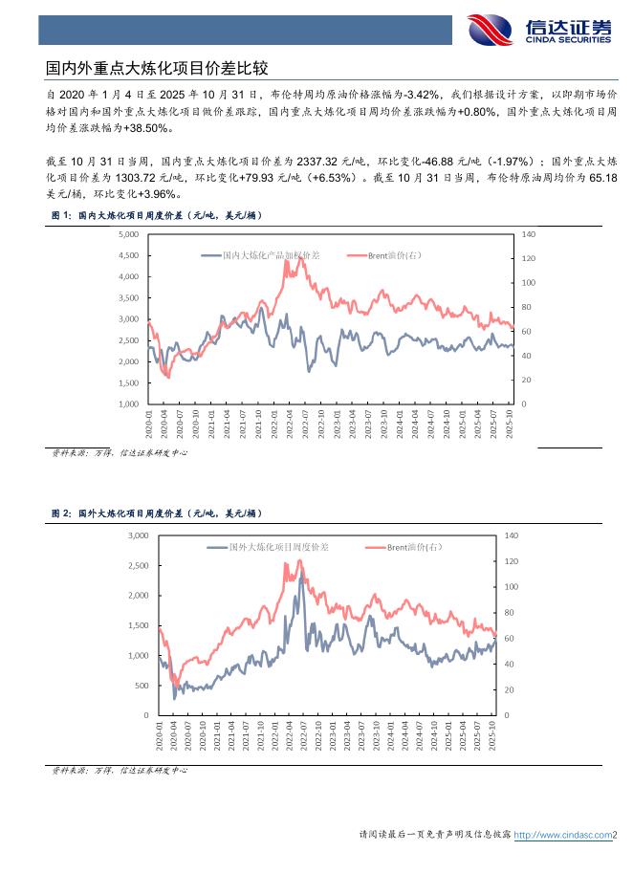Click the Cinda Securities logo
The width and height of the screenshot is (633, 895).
(540, 29)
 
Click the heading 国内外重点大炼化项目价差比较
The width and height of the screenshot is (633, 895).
(158, 69)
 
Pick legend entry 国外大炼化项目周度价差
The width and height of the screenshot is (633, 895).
(278, 547)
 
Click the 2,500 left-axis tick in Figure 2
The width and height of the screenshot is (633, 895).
(139, 565)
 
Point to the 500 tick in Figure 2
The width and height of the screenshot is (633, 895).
(142, 686)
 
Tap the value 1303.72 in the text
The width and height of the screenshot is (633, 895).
(133, 178)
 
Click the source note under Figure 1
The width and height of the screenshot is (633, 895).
(119, 452)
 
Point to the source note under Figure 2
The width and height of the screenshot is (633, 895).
(119, 769)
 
